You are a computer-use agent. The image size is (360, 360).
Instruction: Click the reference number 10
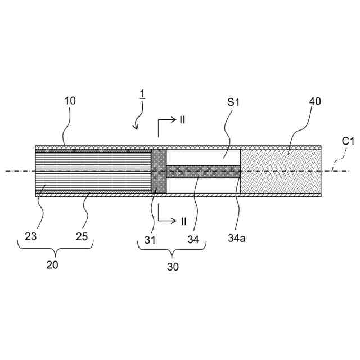(x=70, y=101)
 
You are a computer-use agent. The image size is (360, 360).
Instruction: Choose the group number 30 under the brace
(x=172, y=267)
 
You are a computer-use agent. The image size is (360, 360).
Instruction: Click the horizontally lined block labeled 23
(x=93, y=171)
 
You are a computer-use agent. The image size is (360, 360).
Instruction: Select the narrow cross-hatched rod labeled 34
(x=203, y=171)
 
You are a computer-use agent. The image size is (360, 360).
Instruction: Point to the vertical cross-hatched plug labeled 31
(x=159, y=171)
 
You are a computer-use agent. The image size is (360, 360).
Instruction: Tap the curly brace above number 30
(x=172, y=246)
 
